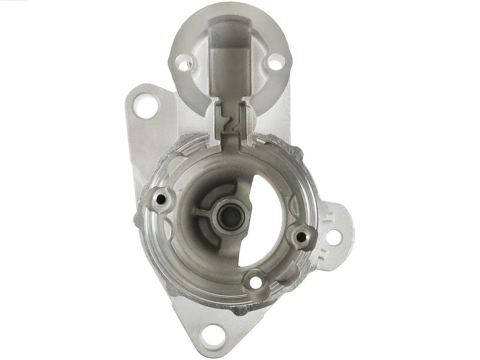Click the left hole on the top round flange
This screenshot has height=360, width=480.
click(x=183, y=60)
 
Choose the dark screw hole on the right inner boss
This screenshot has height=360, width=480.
click(x=303, y=236)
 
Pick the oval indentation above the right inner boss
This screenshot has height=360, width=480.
click(x=294, y=206)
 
